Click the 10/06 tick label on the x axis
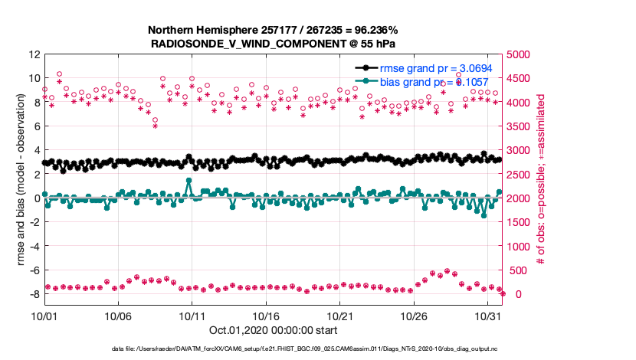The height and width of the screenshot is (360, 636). click(118, 315)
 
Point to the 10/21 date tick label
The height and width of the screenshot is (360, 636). click(340, 315)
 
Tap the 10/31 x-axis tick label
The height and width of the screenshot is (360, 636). click(488, 315)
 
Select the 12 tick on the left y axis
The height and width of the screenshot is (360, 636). click(34, 54)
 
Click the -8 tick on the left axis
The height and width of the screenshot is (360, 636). click(34, 294)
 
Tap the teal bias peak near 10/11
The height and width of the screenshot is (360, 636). click(189, 181)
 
